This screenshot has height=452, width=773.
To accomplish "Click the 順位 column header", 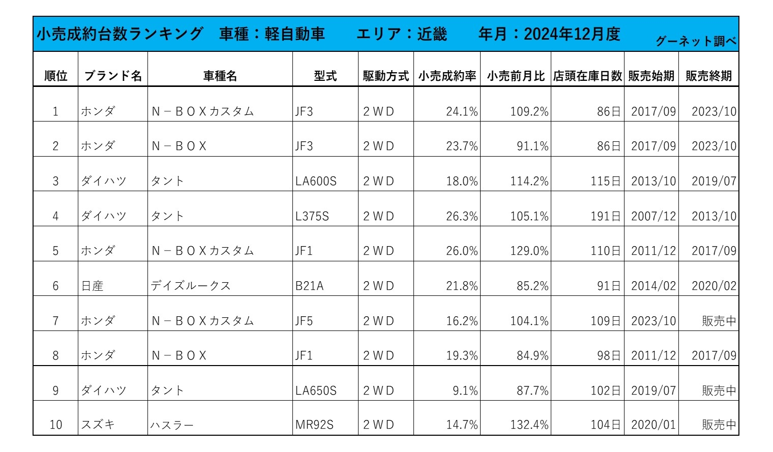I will click(55, 76).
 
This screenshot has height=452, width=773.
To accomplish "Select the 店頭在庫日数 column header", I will click(587, 76).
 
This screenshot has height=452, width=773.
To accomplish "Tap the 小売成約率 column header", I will click(447, 76).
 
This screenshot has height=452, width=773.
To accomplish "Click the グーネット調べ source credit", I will click(696, 41).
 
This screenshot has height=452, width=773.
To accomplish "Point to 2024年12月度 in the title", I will click(572, 34).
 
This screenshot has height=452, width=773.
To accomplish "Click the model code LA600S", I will click(316, 181).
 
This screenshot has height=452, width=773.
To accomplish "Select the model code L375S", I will click(312, 216).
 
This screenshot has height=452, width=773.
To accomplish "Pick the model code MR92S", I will click(314, 425).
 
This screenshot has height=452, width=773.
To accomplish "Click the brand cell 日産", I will click(92, 286).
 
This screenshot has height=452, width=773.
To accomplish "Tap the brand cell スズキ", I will click(98, 425).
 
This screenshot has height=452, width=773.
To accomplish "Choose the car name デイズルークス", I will click(191, 286).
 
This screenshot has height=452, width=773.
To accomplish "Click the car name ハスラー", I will click(172, 425).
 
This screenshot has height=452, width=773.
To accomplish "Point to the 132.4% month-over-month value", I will click(529, 425).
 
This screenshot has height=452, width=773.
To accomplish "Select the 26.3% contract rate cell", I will click(462, 216).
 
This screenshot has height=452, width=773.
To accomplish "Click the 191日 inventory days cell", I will click(606, 216).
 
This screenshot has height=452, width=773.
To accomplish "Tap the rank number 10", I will click(55, 425).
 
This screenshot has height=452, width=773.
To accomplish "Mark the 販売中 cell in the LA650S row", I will click(719, 390).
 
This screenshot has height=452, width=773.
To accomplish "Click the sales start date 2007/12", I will click(653, 216).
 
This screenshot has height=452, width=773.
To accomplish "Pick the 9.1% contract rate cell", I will click(465, 390).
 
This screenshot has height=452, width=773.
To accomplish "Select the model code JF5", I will click(304, 321).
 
